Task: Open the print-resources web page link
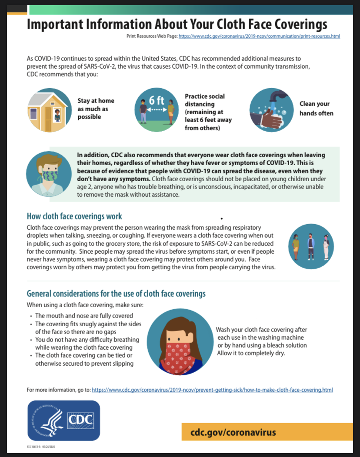click(x=259, y=36)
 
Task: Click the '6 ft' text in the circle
click(x=157, y=100)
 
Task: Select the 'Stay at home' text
click(x=96, y=101)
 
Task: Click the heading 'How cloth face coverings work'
click(x=74, y=216)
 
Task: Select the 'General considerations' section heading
click(x=116, y=294)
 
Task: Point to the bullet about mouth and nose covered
click(x=84, y=316)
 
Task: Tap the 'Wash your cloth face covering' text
click(x=261, y=330)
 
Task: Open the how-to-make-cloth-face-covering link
click(x=212, y=390)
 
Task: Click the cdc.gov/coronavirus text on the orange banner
click(x=233, y=432)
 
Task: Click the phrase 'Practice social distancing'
click(x=205, y=100)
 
